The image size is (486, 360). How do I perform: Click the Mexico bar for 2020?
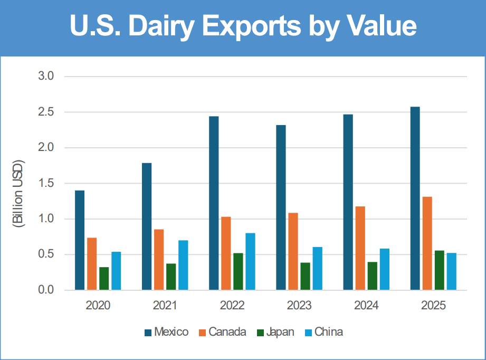80,240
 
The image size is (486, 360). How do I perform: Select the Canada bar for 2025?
427,243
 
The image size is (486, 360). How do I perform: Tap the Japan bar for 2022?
238,272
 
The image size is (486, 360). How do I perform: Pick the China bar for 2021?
183,265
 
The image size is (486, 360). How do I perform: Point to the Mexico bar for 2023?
281,208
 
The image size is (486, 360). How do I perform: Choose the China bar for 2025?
451,272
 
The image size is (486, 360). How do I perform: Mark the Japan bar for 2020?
104,279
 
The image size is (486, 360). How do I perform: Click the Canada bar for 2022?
226,253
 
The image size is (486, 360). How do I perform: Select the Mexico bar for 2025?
415,198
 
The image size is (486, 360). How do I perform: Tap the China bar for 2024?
385,269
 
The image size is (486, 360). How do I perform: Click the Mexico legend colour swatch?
148,333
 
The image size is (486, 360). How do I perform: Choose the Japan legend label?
280,332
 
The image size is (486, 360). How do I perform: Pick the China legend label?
329,332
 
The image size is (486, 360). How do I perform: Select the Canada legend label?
227,332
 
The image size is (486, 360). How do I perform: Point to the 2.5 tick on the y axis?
46,112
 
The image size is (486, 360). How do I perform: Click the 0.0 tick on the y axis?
46,290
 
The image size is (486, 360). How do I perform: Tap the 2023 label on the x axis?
299,306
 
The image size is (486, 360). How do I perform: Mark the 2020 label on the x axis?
98,306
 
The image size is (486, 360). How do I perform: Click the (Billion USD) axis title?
17,194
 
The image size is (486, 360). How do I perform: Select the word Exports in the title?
251,27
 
